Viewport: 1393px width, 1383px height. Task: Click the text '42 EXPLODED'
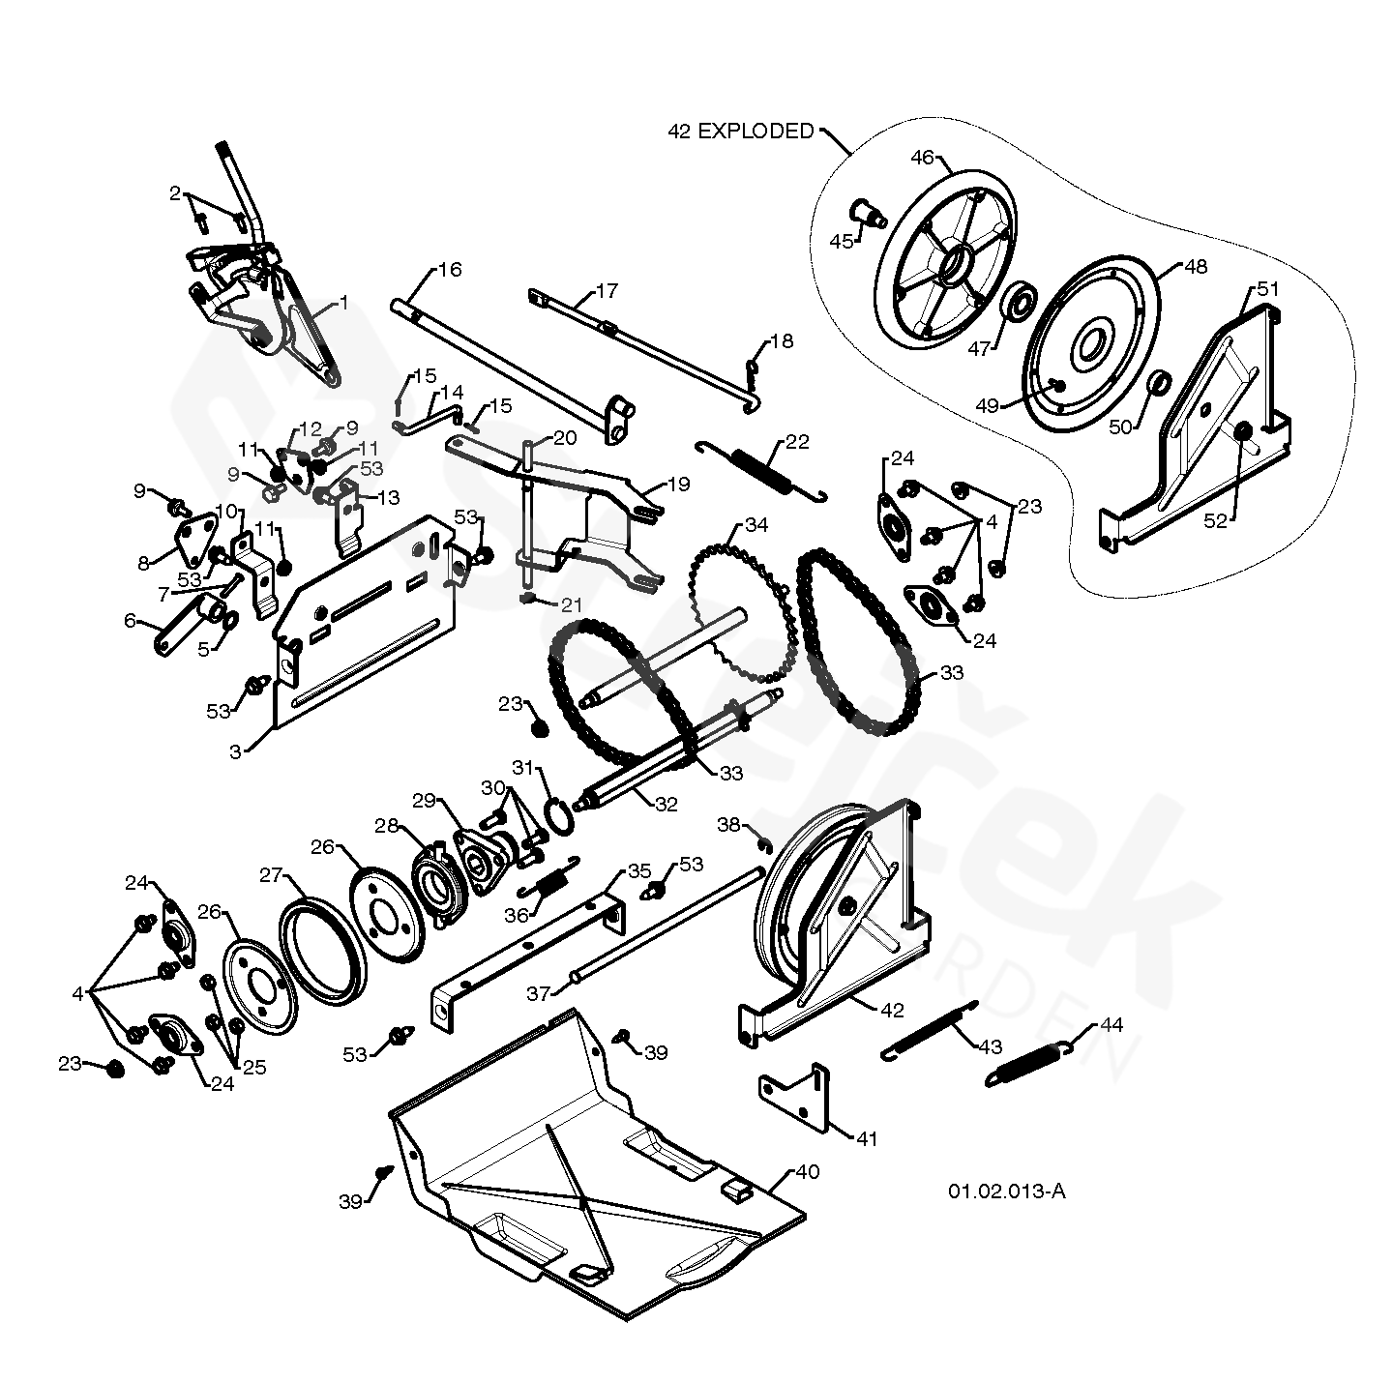[741, 132]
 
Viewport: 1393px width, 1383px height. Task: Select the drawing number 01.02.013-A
[1006, 1192]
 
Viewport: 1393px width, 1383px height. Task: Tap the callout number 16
[450, 269]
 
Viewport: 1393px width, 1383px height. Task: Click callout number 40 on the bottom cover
[807, 1172]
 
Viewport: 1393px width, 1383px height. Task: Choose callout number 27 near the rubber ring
[270, 875]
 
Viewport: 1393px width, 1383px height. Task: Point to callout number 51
[1267, 288]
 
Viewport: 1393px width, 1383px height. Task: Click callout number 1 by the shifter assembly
[342, 303]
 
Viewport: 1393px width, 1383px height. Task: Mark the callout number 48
[1196, 267]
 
